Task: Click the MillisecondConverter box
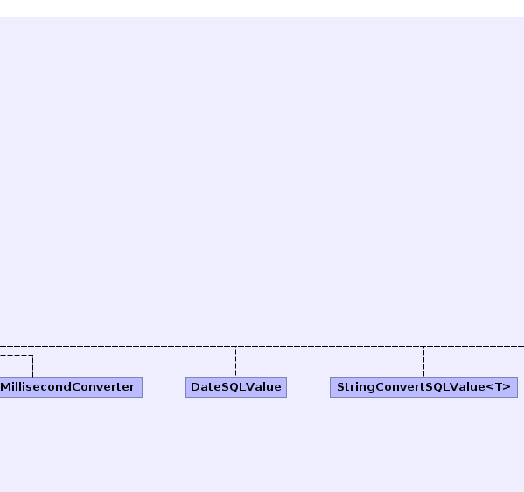(71, 387)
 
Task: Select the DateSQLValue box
(236, 387)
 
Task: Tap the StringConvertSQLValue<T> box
(423, 387)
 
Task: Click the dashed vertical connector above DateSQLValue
(235, 362)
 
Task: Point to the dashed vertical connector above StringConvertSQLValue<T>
(423, 362)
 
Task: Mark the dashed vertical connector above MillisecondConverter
(32, 366)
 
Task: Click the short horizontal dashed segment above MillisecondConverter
(17, 355)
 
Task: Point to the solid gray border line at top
(262, 17)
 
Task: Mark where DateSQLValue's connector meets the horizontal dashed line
(235, 346)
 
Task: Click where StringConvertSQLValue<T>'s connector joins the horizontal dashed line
(423, 346)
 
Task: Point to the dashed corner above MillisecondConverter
(32, 355)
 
